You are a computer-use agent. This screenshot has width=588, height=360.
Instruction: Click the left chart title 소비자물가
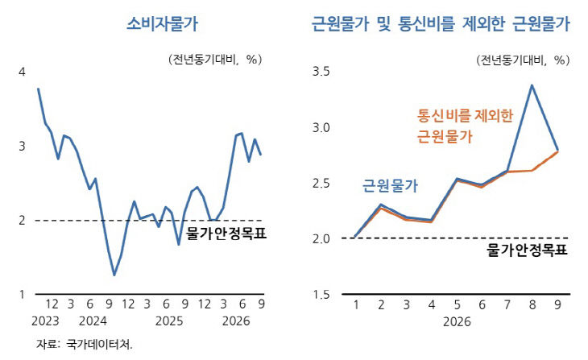point(162,24)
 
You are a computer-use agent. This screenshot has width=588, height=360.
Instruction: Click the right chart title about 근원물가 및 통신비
point(441,24)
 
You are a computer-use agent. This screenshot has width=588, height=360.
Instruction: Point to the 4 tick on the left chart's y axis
point(22,72)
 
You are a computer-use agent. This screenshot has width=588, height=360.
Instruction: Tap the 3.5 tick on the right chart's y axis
point(321,71)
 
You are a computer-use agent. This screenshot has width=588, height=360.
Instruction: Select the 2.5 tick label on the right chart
point(321,184)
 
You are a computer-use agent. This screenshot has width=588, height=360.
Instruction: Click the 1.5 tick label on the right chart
point(321,295)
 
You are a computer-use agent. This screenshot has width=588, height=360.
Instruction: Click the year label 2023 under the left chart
point(45,321)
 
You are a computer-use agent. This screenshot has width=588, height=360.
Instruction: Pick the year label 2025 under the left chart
point(169,321)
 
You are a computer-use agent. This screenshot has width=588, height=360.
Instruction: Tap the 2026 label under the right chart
point(457,322)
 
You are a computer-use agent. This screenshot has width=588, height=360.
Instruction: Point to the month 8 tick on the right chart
point(532,304)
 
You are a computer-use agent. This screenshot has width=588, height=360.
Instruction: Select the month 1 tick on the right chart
point(356,304)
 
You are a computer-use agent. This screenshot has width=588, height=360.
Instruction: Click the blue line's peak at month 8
point(532,85)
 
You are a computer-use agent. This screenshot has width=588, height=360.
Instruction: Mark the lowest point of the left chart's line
point(114,275)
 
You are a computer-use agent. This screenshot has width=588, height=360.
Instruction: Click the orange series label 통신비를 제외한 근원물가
point(465,126)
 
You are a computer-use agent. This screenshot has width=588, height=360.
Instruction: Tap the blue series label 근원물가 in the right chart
point(390,186)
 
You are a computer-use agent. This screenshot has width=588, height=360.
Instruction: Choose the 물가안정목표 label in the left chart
point(226,234)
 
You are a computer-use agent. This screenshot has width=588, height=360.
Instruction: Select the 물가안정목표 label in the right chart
point(528,250)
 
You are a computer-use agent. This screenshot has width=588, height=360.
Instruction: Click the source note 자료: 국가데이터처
point(85,344)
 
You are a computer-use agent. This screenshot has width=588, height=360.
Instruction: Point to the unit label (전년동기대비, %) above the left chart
point(215,60)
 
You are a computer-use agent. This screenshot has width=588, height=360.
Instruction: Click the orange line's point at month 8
point(532,171)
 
